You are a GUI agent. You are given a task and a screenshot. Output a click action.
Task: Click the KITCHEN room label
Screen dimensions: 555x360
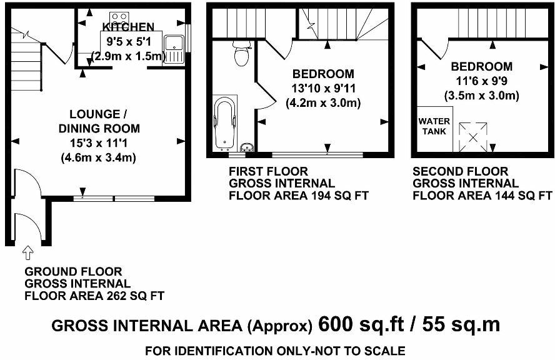click(129, 27)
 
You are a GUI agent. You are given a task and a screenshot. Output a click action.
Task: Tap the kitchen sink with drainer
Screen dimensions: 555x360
click(174, 49)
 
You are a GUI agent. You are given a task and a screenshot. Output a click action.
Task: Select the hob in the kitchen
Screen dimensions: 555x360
click(119, 17)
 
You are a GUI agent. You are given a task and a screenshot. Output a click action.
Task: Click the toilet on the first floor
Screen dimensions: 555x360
click(242, 53)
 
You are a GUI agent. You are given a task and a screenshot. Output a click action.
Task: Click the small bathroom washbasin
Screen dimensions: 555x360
click(247, 147)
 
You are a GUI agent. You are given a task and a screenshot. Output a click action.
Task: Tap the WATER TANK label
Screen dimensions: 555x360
click(434, 126)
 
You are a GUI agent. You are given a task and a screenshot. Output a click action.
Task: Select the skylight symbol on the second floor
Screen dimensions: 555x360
click(473, 137)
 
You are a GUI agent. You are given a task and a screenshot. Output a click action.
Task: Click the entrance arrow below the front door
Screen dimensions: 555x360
click(27, 253)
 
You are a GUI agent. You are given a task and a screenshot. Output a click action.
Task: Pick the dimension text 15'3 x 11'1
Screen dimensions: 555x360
click(99, 143)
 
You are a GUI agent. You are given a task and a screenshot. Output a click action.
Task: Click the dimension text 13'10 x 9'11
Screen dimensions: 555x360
click(324, 88)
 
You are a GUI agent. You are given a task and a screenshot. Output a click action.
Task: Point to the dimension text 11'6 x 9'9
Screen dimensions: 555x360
click(481, 81)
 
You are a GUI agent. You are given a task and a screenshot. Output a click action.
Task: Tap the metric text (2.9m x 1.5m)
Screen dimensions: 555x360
click(129, 56)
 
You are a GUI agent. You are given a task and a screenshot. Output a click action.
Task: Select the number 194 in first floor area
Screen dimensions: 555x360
click(318, 196)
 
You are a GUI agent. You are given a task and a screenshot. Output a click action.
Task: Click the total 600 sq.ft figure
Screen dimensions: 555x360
click(361, 324)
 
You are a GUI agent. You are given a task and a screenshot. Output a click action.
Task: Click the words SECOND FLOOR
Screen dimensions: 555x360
click(461, 172)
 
